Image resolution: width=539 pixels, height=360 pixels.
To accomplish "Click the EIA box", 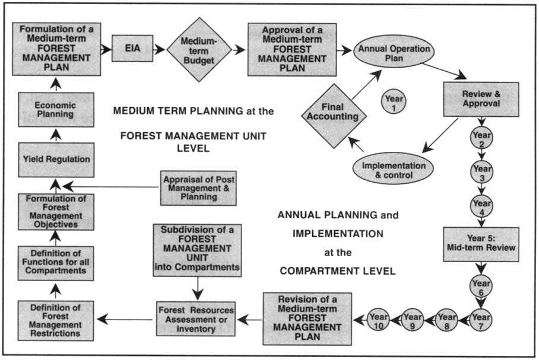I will [132, 50].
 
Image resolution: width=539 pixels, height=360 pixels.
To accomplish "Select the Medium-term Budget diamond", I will [198, 50].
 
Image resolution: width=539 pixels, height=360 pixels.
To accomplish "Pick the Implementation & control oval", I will [394, 170].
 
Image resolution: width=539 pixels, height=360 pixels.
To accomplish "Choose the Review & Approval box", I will [481, 98].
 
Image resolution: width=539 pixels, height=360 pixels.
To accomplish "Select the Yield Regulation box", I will [55, 159].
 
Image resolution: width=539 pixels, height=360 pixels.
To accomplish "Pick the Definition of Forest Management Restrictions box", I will [55, 320].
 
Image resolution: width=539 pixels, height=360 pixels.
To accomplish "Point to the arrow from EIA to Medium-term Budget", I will [159, 50].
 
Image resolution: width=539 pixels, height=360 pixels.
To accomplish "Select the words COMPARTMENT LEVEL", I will [338, 272].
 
